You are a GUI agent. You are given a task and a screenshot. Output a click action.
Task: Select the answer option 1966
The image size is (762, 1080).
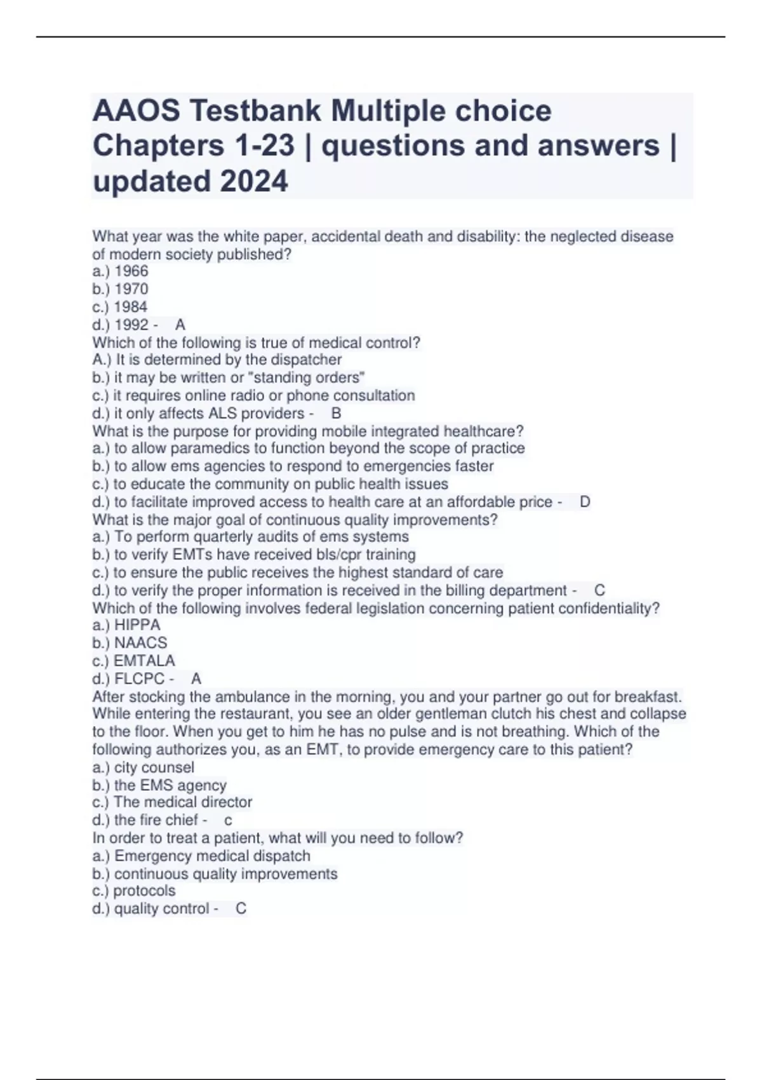click(x=131, y=271)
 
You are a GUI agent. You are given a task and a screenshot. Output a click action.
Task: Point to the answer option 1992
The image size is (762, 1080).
click(x=131, y=325)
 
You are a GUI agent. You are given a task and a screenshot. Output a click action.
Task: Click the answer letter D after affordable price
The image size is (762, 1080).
click(x=585, y=502)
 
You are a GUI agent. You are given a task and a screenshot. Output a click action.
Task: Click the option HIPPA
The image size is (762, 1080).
click(x=137, y=625)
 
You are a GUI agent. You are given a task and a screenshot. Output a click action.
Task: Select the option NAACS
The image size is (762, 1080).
click(x=140, y=643)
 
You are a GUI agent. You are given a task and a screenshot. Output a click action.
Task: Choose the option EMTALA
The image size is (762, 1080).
click(x=144, y=661)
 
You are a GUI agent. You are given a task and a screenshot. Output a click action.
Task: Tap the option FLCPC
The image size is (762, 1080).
click(x=139, y=678)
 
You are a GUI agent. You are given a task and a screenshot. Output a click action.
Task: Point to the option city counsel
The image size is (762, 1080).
click(x=154, y=767)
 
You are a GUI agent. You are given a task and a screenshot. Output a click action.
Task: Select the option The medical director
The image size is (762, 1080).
click(x=183, y=802)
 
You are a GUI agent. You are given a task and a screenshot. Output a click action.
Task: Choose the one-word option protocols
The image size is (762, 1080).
click(x=144, y=891)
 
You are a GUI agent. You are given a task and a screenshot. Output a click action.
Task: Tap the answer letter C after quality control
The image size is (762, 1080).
click(x=241, y=908)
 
